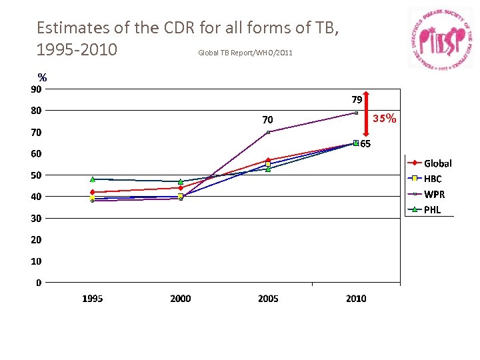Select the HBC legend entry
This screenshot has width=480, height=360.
point(430,179)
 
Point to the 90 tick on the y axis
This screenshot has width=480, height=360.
point(36,89)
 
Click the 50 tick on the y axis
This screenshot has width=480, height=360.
point(36,175)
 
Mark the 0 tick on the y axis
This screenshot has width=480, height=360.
point(38,283)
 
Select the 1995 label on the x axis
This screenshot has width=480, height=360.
point(93,299)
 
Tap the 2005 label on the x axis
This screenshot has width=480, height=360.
point(268,299)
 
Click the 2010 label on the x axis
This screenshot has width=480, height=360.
point(356,299)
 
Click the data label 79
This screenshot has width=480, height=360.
point(357,100)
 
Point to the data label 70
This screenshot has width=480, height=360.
point(267,120)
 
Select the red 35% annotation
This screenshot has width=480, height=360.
point(385,119)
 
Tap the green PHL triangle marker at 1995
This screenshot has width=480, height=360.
point(93,179)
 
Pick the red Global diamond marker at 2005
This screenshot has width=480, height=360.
point(268,160)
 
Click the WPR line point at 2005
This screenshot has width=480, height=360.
point(268,132)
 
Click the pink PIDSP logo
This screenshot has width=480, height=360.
point(440,39)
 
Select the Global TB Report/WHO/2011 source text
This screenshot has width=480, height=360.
point(245,53)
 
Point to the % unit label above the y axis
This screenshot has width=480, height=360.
point(42,77)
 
